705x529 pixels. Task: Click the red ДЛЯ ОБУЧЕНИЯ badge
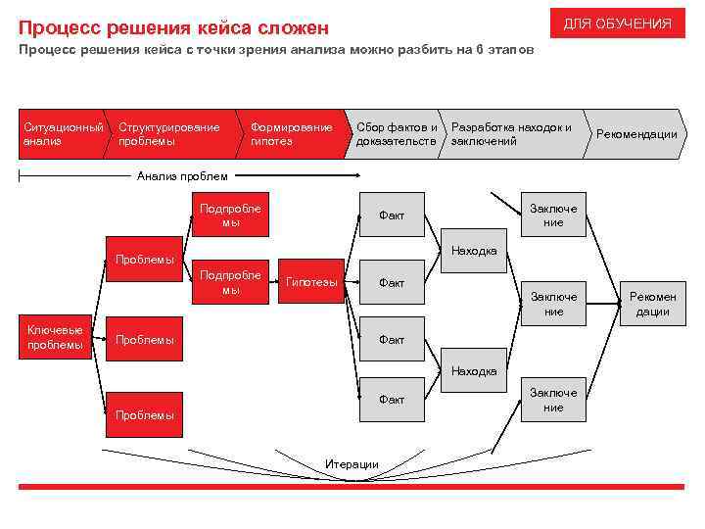[x=617, y=24]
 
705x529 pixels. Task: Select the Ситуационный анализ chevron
[x=62, y=134]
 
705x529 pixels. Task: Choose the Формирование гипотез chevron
[x=291, y=134]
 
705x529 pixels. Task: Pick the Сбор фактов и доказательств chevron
[x=396, y=134]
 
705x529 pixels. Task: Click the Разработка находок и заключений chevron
[x=511, y=134]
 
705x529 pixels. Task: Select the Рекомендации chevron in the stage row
[x=636, y=134]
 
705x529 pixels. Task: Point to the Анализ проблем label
[x=182, y=176]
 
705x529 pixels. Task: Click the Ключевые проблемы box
[x=55, y=337]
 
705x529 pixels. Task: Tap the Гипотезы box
[x=311, y=283]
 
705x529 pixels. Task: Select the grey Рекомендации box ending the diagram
[x=652, y=304]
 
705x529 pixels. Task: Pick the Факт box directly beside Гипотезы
[x=392, y=283]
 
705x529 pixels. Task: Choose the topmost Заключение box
[x=553, y=215]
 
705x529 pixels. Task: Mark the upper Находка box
[x=474, y=251]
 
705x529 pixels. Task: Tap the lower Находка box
[x=474, y=371]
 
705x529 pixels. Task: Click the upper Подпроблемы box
[x=230, y=215]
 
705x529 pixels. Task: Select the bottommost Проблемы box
[x=145, y=414]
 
